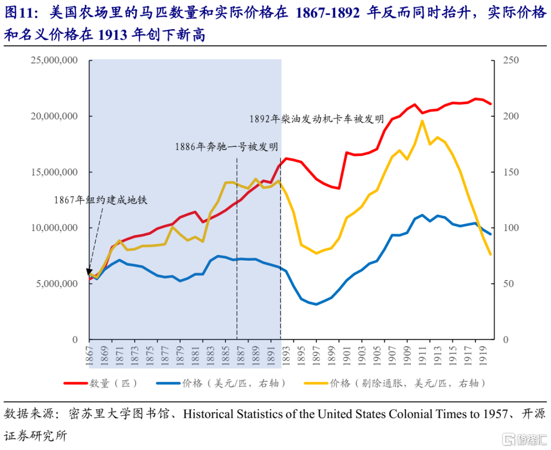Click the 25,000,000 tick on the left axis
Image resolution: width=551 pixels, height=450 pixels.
[54, 60]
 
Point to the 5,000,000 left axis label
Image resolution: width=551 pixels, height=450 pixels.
[56, 284]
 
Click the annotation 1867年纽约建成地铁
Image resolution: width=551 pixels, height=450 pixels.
[101, 200]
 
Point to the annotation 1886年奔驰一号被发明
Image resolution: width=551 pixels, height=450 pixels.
[226, 147]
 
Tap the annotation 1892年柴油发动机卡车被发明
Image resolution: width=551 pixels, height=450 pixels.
[316, 119]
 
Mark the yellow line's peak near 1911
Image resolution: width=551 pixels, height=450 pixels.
[422, 120]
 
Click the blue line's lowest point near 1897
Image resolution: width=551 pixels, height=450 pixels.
[316, 304]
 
